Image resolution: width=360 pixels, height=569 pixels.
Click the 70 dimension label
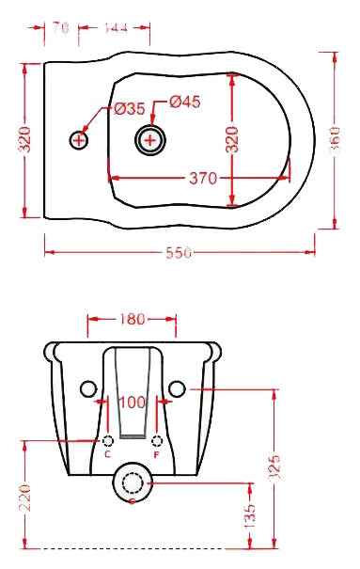pos(60,27)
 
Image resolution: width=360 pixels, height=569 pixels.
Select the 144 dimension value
pos(116,27)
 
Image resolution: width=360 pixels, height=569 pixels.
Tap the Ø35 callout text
pos(130,108)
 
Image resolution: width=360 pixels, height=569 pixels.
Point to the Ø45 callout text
pos(184,102)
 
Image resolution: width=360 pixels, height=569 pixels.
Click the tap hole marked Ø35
pos(79,140)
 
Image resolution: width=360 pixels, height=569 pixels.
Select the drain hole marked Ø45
pos(150,140)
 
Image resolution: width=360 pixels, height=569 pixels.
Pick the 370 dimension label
pos(203,178)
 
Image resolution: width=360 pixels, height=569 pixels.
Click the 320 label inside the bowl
pos(232,139)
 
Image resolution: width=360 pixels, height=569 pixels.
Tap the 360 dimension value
pos(335,140)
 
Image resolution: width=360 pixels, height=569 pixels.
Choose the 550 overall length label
pos(179,252)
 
